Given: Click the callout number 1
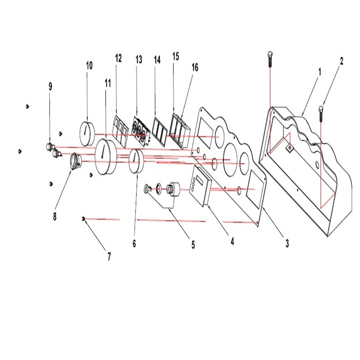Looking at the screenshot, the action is [x=319, y=72].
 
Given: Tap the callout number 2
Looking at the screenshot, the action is [x=342, y=61].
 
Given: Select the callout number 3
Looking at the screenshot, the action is [x=287, y=243].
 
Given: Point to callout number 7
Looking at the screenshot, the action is [x=109, y=256].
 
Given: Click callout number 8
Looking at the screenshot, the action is [x=54, y=216].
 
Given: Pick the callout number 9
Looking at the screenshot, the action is [x=50, y=86].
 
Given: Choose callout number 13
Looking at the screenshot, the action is [x=139, y=59].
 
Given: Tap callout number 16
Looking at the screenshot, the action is [x=195, y=67].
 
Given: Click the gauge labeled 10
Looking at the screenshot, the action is [x=87, y=134].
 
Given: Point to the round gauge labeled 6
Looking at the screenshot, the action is [x=136, y=161].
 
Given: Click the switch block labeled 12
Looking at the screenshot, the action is [x=121, y=130].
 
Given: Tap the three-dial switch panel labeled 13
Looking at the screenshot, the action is [x=140, y=131].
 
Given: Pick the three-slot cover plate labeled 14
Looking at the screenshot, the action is [x=160, y=131].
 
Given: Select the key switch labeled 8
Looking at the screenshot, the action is [x=76, y=162].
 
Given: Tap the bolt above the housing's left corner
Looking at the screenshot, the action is [x=270, y=59].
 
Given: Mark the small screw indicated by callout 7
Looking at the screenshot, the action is [x=84, y=219].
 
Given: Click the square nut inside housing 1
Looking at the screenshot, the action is [x=290, y=148].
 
